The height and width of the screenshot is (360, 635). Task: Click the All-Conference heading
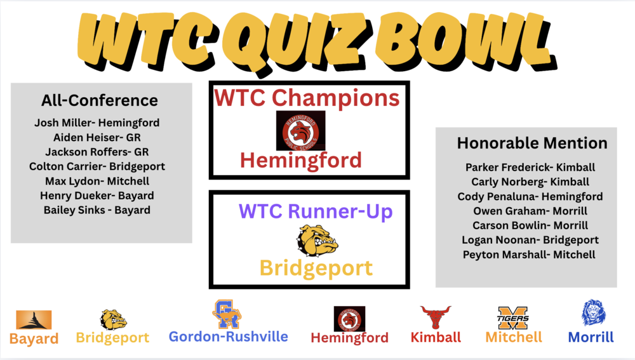pos(100,100)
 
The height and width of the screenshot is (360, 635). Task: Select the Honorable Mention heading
pos(532,143)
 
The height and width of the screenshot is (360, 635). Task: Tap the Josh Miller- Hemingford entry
pos(97,123)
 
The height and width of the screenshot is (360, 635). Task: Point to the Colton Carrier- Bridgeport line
pos(97,166)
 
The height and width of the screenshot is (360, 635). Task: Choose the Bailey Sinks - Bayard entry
pos(97,210)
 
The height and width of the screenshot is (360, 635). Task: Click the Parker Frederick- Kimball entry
pos(530,168)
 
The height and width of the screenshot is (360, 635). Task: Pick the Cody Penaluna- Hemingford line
pos(530,196)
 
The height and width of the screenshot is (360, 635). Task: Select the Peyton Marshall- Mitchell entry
pos(530,255)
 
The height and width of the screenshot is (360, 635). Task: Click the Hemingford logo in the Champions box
pos(301,130)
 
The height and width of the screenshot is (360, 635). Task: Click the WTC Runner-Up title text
pos(306,211)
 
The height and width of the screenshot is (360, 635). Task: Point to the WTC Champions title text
pos(307,98)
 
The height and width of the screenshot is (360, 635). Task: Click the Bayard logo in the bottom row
pos(34,319)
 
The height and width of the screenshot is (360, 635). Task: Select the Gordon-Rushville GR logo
pos(227,314)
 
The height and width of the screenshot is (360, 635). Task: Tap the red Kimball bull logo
pos(436,317)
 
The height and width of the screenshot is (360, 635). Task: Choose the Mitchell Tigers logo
pos(513,317)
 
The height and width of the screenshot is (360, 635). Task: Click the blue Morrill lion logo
pos(593,313)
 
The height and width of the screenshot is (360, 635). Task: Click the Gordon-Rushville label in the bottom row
pos(228,337)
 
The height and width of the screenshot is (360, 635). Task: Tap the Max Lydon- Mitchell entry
pos(97,181)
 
